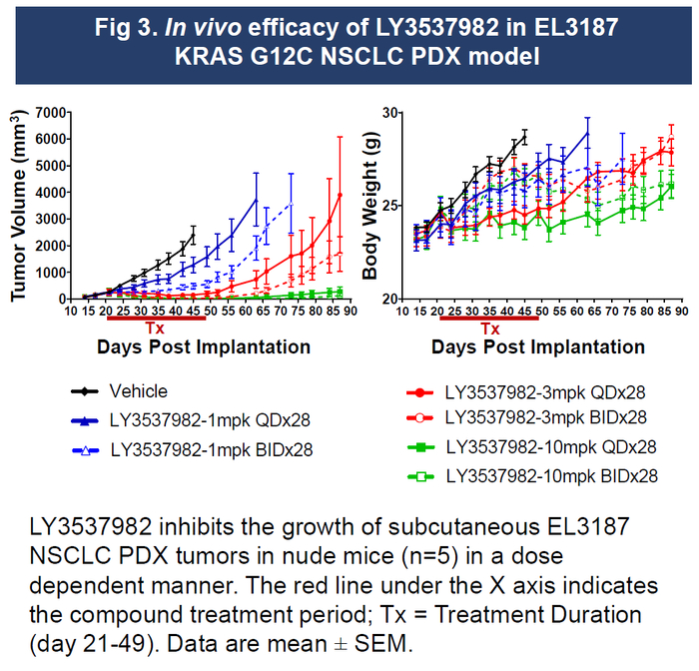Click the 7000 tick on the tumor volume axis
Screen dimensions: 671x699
tap(48, 112)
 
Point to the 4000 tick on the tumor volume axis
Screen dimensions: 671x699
tap(48, 192)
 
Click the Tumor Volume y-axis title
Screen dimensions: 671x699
tap(18, 205)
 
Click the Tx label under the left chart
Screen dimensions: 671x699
tap(156, 329)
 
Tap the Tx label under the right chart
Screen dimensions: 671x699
tap(489, 329)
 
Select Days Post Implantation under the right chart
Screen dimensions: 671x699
tap(538, 347)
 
